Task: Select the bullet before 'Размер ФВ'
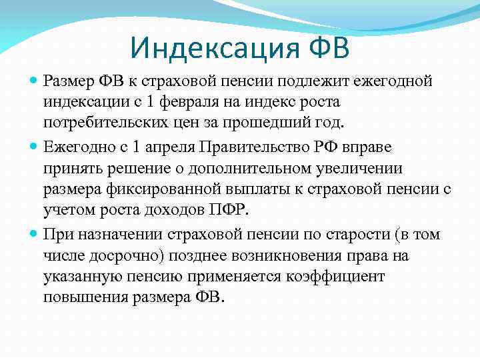35,81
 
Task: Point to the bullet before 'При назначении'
35,235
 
